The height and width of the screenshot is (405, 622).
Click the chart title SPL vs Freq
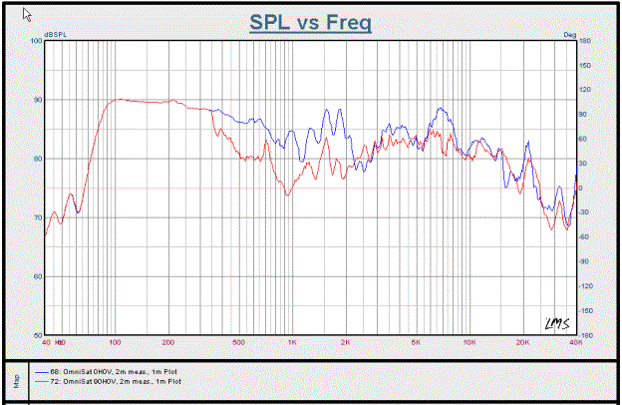[310, 22]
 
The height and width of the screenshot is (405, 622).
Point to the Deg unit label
[570, 35]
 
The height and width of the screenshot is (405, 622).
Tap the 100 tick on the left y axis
[36, 41]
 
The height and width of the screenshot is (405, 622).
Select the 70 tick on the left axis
[38, 217]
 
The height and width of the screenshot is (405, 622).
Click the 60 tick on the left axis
[38, 276]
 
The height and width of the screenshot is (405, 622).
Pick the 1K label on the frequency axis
[292, 342]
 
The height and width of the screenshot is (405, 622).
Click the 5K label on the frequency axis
[416, 342]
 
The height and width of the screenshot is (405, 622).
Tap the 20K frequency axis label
[521, 342]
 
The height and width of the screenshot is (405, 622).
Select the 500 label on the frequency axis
[238, 342]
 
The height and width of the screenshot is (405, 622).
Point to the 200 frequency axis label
[168, 342]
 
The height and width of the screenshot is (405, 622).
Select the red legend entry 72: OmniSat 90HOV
[110, 381]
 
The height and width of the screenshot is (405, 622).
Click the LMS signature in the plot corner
[555, 321]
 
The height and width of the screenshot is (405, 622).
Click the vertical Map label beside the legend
[14, 379]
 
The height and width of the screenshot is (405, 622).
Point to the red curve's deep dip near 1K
[286, 195]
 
